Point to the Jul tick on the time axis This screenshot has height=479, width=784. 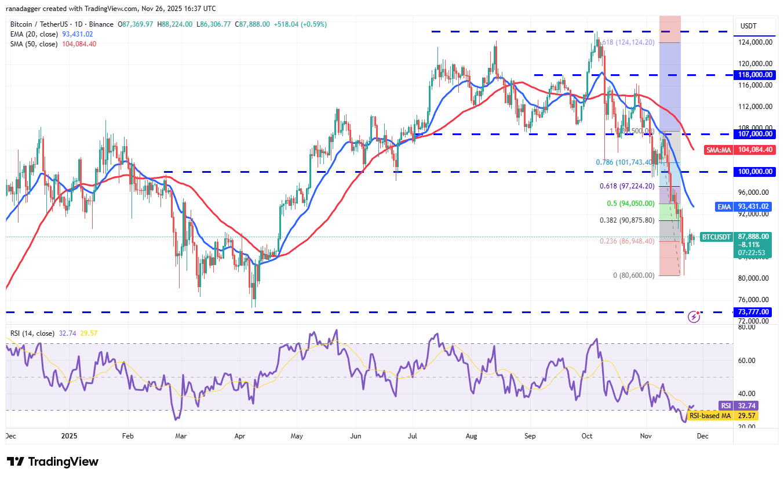pyautogui.click(x=414, y=436)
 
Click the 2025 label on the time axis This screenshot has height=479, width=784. pyautogui.click(x=69, y=436)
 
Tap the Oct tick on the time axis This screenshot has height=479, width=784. pyautogui.click(x=587, y=436)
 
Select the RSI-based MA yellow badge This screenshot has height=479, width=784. pyautogui.click(x=710, y=416)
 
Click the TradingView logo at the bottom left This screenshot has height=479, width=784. pyautogui.click(x=53, y=462)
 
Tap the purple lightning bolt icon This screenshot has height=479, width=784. pyautogui.click(x=694, y=317)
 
